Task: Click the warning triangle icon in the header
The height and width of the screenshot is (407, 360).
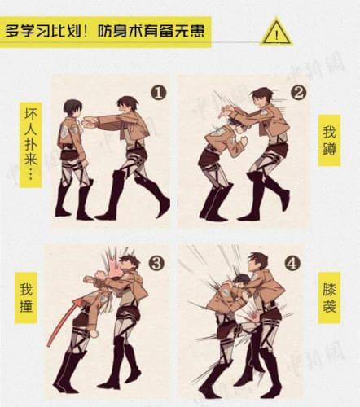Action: (x=276, y=33)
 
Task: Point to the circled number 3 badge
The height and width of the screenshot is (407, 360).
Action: (x=157, y=264)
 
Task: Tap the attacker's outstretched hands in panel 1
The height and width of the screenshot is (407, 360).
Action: (x=90, y=122)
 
